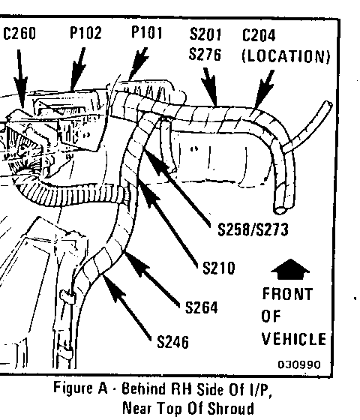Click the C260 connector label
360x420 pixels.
pyautogui.click(x=19, y=34)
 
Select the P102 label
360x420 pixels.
pyautogui.click(x=85, y=33)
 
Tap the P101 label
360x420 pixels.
pyautogui.click(x=147, y=33)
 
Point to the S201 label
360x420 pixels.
pyautogui.click(x=205, y=34)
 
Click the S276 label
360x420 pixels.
pyautogui.click(x=205, y=54)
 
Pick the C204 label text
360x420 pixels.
pyautogui.click(x=259, y=35)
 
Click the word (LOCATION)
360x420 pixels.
pyautogui.click(x=286, y=56)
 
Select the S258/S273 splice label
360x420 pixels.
pyautogui.click(x=253, y=229)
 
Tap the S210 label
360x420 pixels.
pyautogui.click(x=219, y=268)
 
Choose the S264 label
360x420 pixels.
pyautogui.click(x=202, y=307)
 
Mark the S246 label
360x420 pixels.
pyautogui.click(x=172, y=342)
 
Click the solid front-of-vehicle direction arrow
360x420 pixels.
pyautogui.click(x=290, y=269)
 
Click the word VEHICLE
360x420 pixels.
pyautogui.click(x=294, y=339)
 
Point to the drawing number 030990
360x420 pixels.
pyautogui.click(x=299, y=364)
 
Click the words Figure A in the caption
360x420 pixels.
pyautogui.click(x=80, y=388)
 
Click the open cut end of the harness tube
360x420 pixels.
pyautogui.click(x=280, y=210)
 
